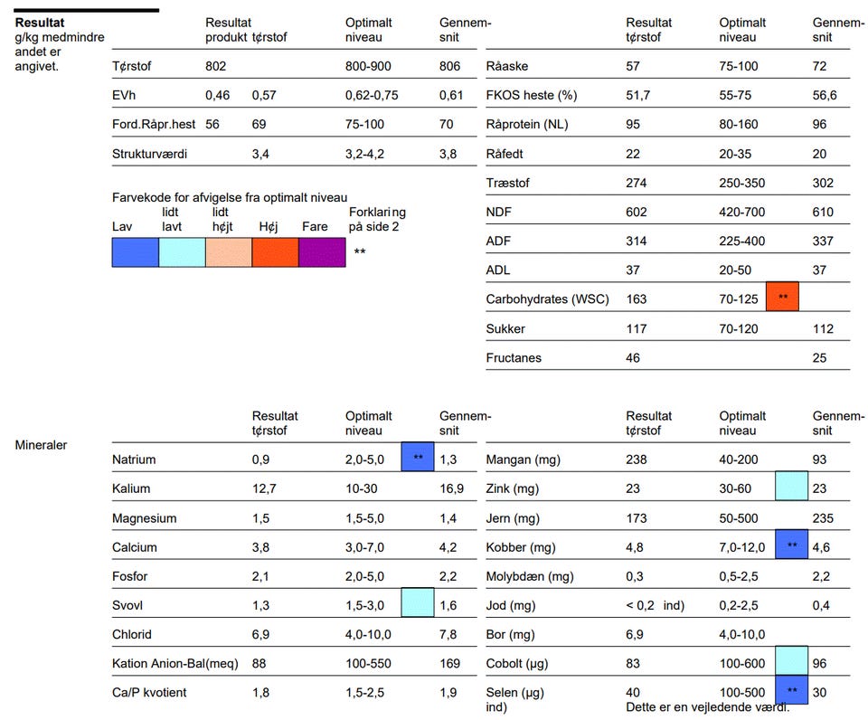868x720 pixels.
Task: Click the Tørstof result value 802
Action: pyautogui.click(x=215, y=66)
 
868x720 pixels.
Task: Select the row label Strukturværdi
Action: pyautogui.click(x=149, y=154)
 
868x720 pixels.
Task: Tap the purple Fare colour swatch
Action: pyautogui.click(x=322, y=252)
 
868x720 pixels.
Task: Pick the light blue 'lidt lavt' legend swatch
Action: pyautogui.click(x=182, y=252)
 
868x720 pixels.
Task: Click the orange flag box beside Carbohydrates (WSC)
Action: pyautogui.click(x=783, y=297)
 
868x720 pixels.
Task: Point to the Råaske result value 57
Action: pyautogui.click(x=633, y=66)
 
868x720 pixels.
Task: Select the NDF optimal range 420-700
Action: pyautogui.click(x=742, y=212)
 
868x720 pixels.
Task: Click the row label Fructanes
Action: pyautogui.click(x=514, y=358)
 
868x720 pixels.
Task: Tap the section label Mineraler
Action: pyautogui.click(x=41, y=445)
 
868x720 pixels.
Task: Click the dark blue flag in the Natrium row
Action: pyautogui.click(x=418, y=459)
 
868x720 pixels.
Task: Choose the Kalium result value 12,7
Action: pyautogui.click(x=264, y=488)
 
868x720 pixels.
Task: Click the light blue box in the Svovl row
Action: pyautogui.click(x=418, y=602)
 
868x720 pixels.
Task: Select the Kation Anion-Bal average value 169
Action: pyautogui.click(x=451, y=664)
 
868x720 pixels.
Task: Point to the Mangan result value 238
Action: pyautogui.click(x=637, y=459)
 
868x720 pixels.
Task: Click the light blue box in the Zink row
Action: pyautogui.click(x=791, y=487)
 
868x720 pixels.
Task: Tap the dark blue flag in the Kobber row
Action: pyautogui.click(x=791, y=545)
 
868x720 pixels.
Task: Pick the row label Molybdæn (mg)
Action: pyautogui.click(x=529, y=576)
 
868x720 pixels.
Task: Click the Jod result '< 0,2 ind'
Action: pyautogui.click(x=655, y=605)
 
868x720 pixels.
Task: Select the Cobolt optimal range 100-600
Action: pyautogui.click(x=742, y=664)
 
